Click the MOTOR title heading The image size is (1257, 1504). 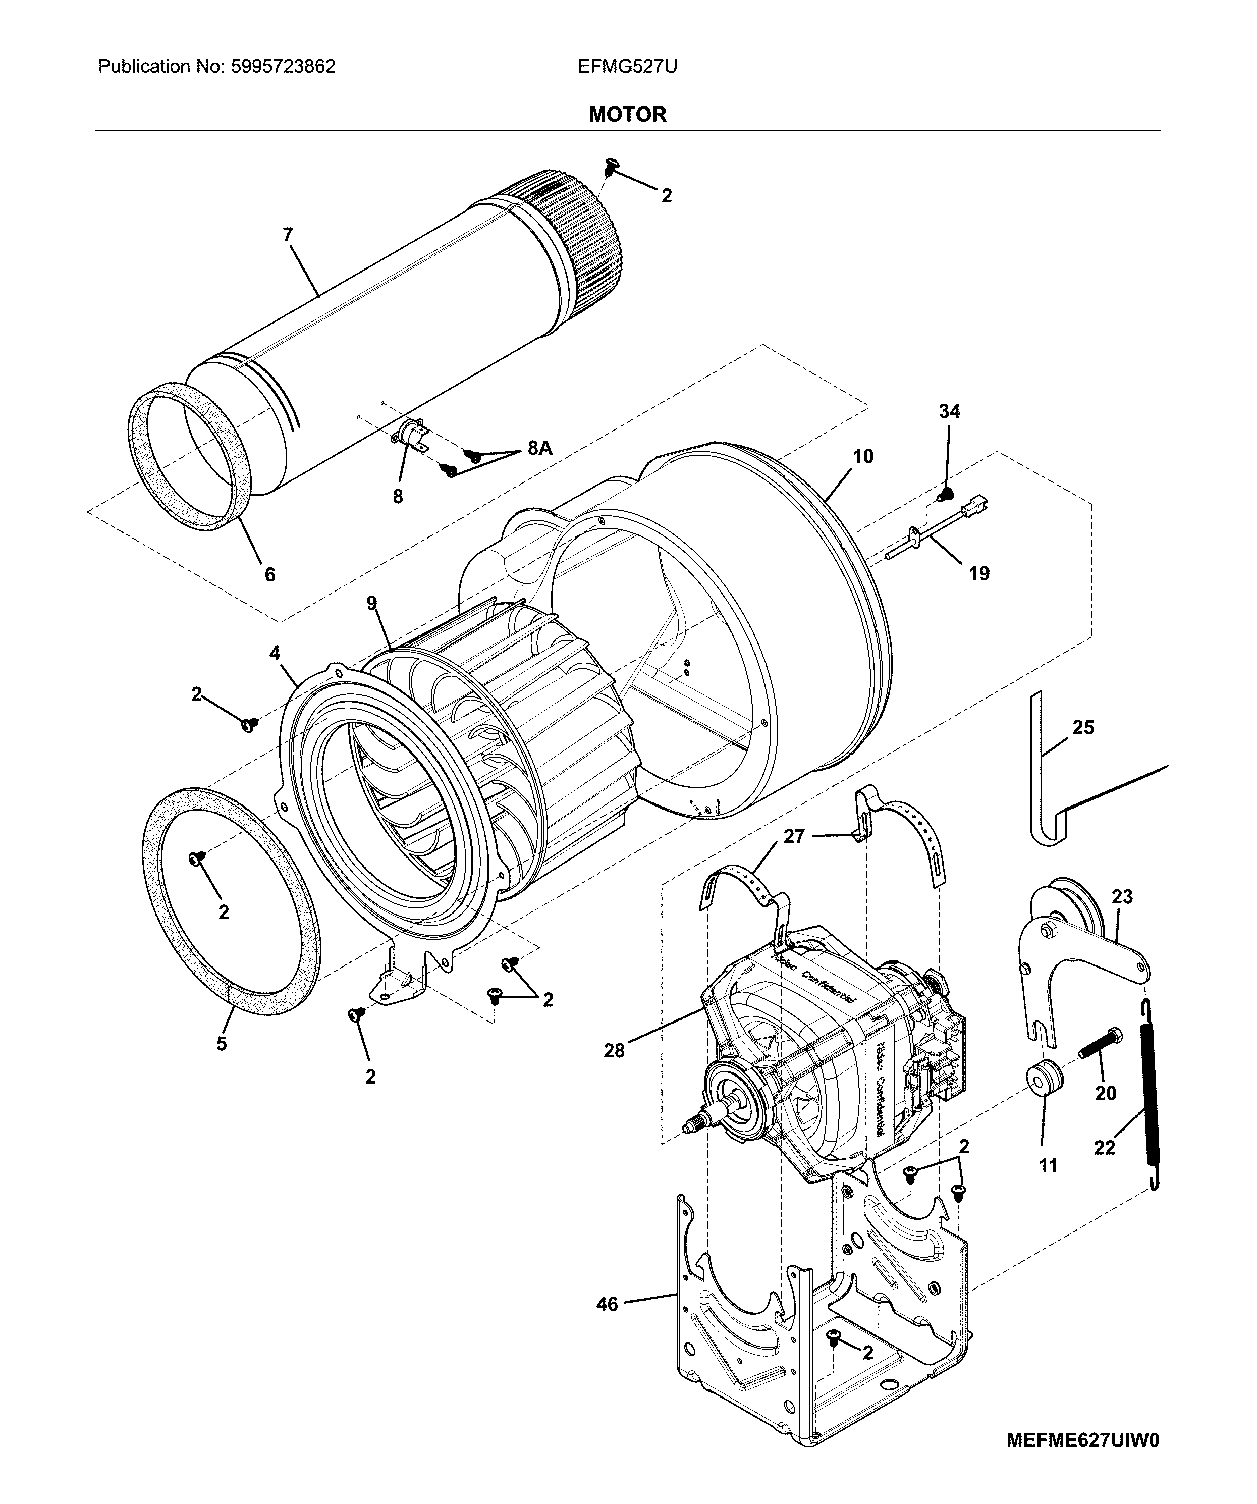point(627,115)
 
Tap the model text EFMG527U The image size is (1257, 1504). point(627,67)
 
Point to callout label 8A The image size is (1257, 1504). point(539,448)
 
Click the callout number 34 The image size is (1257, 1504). point(949,411)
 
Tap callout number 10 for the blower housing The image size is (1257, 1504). point(863,456)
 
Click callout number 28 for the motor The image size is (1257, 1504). point(614,1051)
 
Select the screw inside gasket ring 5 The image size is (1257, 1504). point(195,858)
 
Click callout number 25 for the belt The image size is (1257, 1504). point(1083,728)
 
